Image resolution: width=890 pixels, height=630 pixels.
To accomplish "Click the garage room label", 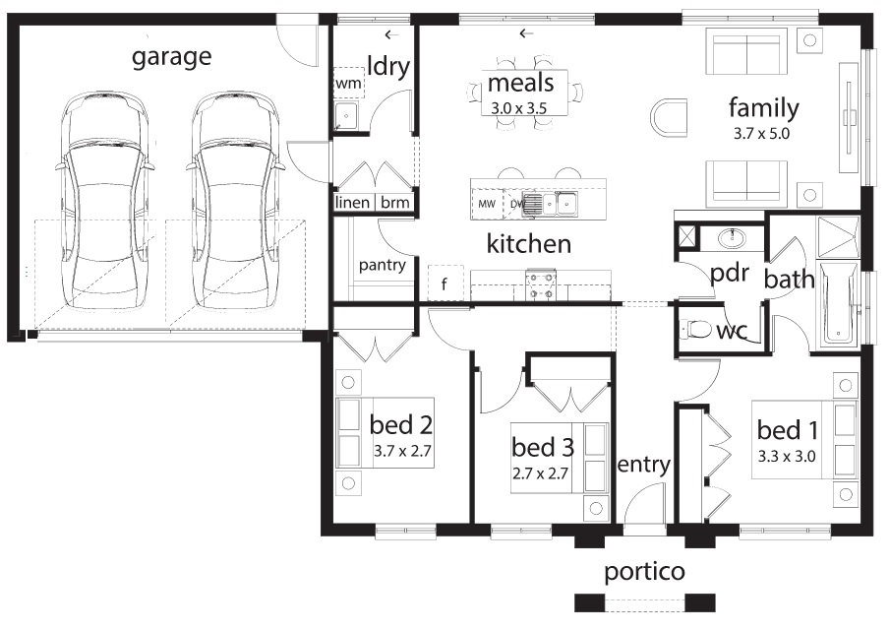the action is [x=171, y=57].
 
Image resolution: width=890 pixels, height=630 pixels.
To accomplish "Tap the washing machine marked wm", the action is [x=348, y=83].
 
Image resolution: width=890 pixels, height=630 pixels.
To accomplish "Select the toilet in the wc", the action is [x=696, y=329].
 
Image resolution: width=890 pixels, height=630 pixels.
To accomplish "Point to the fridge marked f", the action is [x=445, y=283].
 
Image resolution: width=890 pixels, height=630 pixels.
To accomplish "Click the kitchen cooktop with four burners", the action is [x=541, y=285].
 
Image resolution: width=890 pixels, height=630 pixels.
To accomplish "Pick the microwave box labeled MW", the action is [x=487, y=204].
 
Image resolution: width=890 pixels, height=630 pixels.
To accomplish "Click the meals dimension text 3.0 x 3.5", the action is [x=518, y=108].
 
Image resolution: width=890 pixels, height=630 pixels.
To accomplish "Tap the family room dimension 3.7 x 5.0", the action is [x=761, y=134].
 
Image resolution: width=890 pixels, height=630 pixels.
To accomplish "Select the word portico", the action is [x=644, y=572].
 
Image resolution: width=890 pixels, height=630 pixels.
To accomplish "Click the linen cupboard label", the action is [x=352, y=202].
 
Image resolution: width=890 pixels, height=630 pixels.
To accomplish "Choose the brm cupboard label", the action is [x=395, y=202].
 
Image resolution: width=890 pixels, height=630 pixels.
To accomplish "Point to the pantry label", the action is [x=382, y=266].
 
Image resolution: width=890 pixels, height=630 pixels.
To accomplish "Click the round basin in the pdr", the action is [x=733, y=237].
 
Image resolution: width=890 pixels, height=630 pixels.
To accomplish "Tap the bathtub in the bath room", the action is [x=837, y=303].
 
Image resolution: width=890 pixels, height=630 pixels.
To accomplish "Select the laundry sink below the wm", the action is [x=345, y=116].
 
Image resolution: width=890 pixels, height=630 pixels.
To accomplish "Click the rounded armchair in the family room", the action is [x=669, y=117].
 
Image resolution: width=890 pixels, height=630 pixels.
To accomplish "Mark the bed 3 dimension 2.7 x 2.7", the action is [x=540, y=472].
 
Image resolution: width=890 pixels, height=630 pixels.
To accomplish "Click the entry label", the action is [x=644, y=465].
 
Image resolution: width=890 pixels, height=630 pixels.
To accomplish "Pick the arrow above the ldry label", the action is [x=391, y=34].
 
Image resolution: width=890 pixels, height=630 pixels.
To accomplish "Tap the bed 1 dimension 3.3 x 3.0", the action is [x=787, y=456].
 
